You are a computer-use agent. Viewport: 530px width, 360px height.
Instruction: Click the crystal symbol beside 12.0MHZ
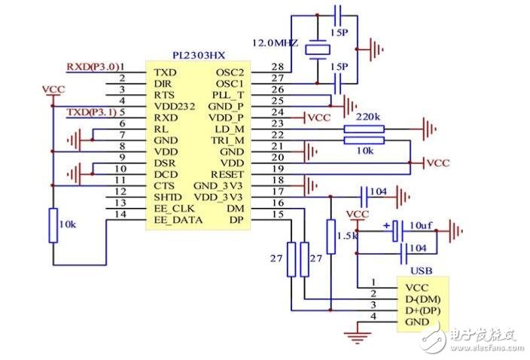pos(315,48)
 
